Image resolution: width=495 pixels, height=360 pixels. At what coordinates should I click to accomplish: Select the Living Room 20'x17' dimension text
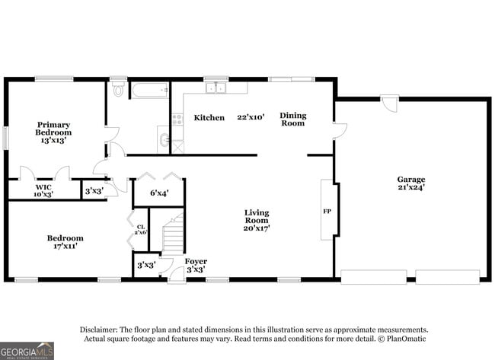pos(257,228)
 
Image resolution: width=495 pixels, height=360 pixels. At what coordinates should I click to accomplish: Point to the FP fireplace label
pos(327,210)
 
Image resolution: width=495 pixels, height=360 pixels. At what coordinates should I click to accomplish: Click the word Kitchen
pos(209,118)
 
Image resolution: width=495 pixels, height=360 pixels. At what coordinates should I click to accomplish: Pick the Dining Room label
pos(292,119)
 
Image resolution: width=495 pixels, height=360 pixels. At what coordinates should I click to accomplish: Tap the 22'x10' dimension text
pos(251,117)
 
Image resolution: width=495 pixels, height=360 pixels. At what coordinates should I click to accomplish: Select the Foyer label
pos(196,261)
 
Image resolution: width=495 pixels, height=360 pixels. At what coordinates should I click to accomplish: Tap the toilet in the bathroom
pos(117,90)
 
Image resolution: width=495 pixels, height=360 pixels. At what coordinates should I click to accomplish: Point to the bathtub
pos(148,91)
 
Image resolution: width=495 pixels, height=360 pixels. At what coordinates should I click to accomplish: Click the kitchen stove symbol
pos(177,119)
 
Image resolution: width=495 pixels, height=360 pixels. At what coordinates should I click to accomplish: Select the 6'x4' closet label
pos(158,193)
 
